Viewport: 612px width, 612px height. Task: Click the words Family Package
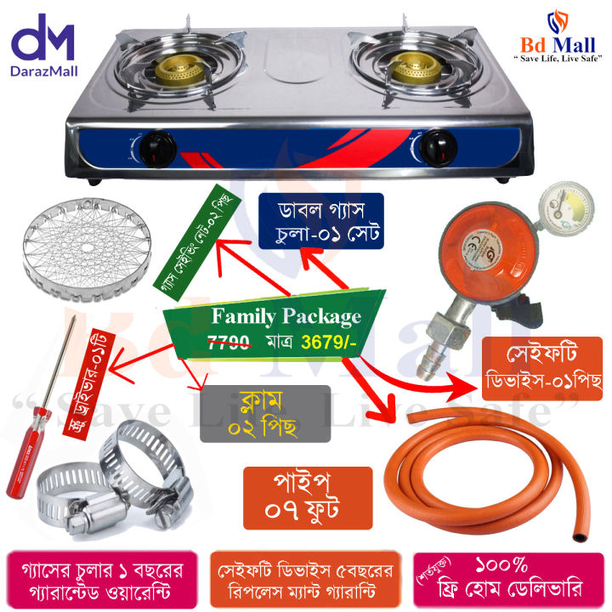286,317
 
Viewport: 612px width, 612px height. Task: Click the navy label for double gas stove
320,220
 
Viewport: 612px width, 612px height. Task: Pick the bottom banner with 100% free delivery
509,577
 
